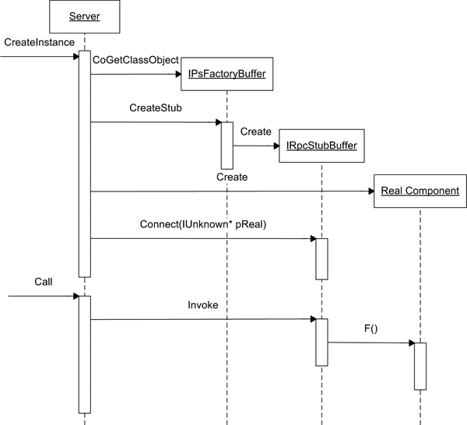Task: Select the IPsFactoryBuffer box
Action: (x=227, y=74)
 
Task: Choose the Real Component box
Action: (x=420, y=191)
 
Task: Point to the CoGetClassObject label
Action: (x=135, y=60)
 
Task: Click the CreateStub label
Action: (x=156, y=107)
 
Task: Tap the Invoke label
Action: (x=203, y=305)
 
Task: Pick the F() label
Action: (x=370, y=329)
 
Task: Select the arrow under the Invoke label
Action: (x=202, y=318)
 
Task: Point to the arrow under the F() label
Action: (x=370, y=342)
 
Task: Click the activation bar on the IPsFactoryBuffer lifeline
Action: (x=227, y=145)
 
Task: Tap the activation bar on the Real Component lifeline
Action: (x=420, y=366)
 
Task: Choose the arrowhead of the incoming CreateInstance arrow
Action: (x=75, y=56)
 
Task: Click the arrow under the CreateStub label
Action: (x=156, y=122)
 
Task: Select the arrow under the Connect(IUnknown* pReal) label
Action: (x=202, y=238)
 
